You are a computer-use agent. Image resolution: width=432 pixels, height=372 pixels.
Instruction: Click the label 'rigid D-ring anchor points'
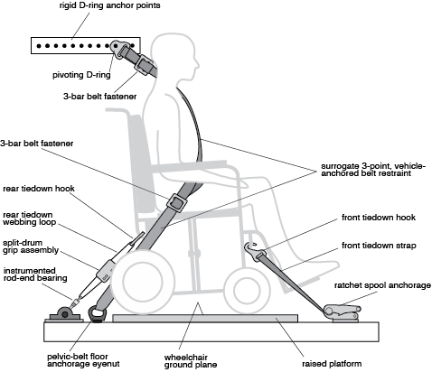[x=109, y=5]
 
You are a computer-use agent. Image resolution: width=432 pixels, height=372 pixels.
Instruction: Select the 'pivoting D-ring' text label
[x=81, y=75]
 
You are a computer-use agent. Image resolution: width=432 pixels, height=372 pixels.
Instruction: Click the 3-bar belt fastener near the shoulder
[x=142, y=64]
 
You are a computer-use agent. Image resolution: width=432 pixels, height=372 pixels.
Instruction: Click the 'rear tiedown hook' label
[x=39, y=189]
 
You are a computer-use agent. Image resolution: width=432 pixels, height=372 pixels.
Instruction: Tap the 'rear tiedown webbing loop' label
[x=30, y=219]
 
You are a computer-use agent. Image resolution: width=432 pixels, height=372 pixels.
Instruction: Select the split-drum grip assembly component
[x=106, y=271]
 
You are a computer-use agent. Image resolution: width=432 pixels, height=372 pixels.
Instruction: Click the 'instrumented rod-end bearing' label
[x=35, y=274]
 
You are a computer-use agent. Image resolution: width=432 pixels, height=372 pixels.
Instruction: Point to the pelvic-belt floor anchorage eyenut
[x=97, y=314]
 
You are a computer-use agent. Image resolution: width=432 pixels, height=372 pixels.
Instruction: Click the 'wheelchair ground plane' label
[x=191, y=361]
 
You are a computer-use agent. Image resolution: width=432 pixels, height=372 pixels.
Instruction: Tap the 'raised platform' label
[x=332, y=364]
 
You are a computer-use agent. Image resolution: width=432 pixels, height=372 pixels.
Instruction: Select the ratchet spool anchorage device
[x=343, y=313]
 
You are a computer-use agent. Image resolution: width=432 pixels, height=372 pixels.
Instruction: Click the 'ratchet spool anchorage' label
[x=382, y=285]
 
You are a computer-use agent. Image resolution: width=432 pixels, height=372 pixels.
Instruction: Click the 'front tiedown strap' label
[x=379, y=246]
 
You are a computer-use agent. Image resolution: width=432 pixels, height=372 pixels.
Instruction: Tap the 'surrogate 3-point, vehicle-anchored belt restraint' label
[x=373, y=170]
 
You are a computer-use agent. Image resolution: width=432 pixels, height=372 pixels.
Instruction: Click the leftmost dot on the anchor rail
[x=39, y=46]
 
